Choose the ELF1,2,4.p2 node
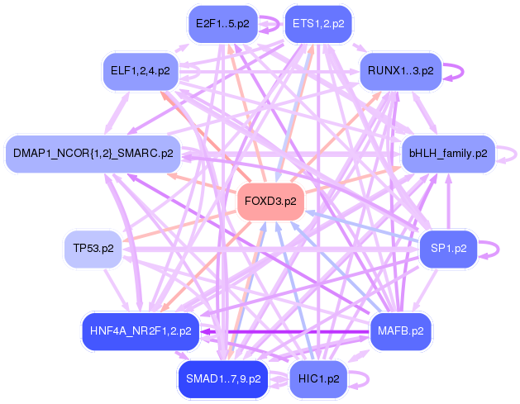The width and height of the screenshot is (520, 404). pyautogui.click(x=140, y=71)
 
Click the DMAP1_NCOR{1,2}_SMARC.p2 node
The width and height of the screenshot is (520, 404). pyautogui.click(x=93, y=153)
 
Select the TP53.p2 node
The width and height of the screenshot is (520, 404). pyautogui.click(x=93, y=248)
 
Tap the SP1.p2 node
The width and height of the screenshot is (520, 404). pyautogui.click(x=449, y=247)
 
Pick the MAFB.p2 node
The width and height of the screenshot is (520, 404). pyautogui.click(x=400, y=330)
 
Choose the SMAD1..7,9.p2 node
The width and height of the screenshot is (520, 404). pyautogui.click(x=222, y=379)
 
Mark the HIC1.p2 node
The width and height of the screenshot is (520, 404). pyautogui.click(x=318, y=379)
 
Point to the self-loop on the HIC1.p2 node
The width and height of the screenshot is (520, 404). pyautogui.click(x=359, y=379)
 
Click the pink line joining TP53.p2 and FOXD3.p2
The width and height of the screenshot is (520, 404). pyautogui.click(x=178, y=226)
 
